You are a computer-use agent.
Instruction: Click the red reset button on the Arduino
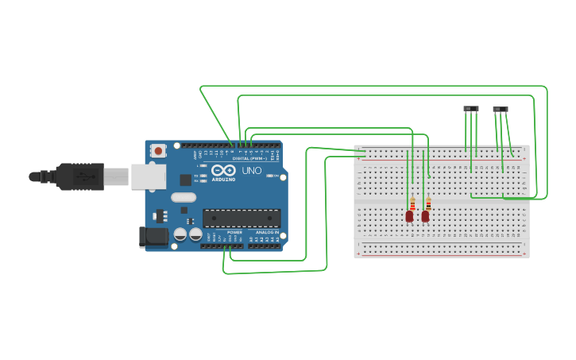pyautogui.click(x=158, y=150)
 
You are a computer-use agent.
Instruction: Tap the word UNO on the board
pyautogui.click(x=251, y=170)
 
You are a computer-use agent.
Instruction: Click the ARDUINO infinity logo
pyautogui.click(x=223, y=170)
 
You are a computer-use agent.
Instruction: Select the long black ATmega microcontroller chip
pyautogui.click(x=242, y=218)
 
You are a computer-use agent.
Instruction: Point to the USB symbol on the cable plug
pyautogui.click(x=82, y=176)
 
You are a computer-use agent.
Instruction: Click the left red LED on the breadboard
pyautogui.click(x=409, y=215)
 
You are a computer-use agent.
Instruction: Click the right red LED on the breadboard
pyautogui.click(x=425, y=215)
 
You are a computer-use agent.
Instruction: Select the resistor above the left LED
pyautogui.click(x=412, y=203)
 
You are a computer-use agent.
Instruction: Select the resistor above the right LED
pyautogui.click(x=428, y=203)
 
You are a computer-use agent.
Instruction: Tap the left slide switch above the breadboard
pyautogui.click(x=471, y=108)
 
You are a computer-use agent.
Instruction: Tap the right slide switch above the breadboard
pyautogui.click(x=501, y=109)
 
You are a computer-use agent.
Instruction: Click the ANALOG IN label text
pyautogui.click(x=267, y=232)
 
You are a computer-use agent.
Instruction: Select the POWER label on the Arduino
pyautogui.click(x=234, y=232)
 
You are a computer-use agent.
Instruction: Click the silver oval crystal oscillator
pyautogui.click(x=183, y=197)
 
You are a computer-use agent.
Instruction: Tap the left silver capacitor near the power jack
pyautogui.click(x=180, y=234)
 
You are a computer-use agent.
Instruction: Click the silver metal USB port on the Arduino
pyautogui.click(x=149, y=176)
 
